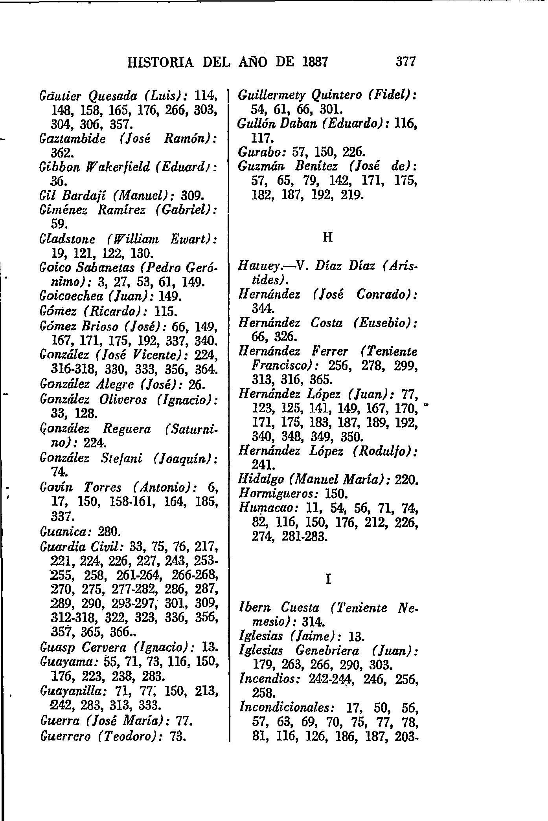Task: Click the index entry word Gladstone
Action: (68, 239)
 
